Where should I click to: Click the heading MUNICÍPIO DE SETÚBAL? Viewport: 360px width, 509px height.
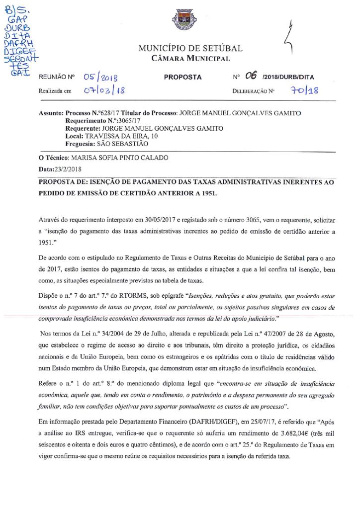(x=190, y=48)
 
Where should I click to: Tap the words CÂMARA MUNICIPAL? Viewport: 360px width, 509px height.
(x=190, y=59)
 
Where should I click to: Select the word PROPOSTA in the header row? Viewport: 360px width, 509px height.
(x=182, y=78)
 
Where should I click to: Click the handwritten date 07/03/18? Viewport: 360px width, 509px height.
(x=104, y=91)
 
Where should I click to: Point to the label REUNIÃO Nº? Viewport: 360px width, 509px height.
(x=56, y=78)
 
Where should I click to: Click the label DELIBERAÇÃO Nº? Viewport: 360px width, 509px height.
(x=254, y=91)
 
